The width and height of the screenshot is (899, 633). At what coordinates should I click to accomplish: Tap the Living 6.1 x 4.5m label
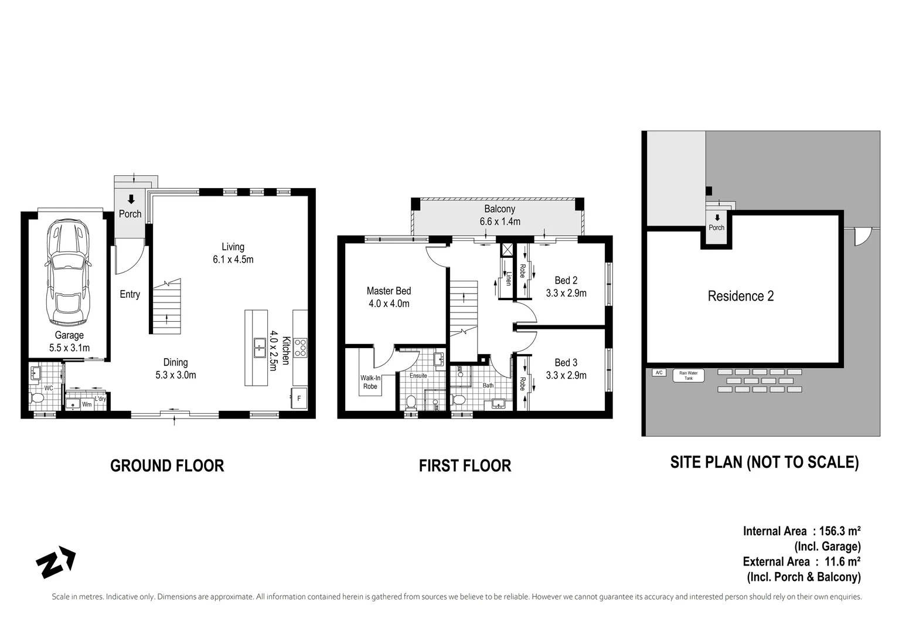pyautogui.click(x=233, y=253)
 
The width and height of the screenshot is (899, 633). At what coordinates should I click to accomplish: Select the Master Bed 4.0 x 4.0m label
pyautogui.click(x=389, y=297)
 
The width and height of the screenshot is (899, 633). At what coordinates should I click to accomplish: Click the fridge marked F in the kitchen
pyautogui.click(x=299, y=398)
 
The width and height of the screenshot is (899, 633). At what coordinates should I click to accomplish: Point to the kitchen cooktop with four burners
pyautogui.click(x=299, y=348)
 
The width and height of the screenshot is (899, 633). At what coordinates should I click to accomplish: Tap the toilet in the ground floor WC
pyautogui.click(x=38, y=399)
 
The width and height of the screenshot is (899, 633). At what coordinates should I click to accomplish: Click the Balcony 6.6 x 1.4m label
pyautogui.click(x=499, y=215)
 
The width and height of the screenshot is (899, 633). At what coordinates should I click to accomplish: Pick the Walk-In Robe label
pyautogui.click(x=370, y=382)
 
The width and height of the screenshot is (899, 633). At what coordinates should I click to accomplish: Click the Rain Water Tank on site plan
pyautogui.click(x=689, y=375)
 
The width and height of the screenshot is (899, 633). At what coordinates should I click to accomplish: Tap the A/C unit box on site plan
pyautogui.click(x=658, y=373)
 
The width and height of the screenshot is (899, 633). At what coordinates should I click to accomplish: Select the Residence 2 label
pyautogui.click(x=740, y=296)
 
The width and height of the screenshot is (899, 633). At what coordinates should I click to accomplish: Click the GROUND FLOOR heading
pyautogui.click(x=167, y=466)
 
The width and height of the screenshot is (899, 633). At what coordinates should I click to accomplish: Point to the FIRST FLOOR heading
pyautogui.click(x=465, y=466)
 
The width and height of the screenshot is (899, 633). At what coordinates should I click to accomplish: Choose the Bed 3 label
pyautogui.click(x=566, y=369)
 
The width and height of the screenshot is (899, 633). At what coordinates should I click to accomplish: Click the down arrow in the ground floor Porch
pyautogui.click(x=131, y=199)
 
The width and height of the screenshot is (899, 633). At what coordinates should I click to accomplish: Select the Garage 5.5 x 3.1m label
pyautogui.click(x=69, y=341)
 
